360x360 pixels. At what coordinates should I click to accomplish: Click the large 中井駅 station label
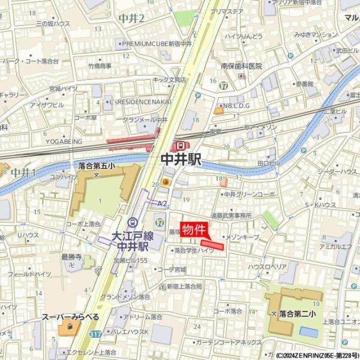pyautogui.click(x=181, y=159)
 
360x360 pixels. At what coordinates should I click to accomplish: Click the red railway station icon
pyautogui.click(x=181, y=146)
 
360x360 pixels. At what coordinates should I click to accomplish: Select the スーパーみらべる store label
pyautogui.click(x=70, y=316)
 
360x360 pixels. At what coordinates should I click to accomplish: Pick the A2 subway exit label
pyautogui.click(x=162, y=203)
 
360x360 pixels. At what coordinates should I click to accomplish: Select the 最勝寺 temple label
pyautogui.click(x=71, y=257)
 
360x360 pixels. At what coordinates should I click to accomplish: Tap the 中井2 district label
pyautogui.click(x=132, y=19)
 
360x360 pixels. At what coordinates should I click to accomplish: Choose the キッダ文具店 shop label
pyautogui.click(x=170, y=79)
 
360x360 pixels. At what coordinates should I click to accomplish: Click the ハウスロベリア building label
pyautogui.click(x=267, y=266)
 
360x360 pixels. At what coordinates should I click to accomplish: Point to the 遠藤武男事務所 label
pyautogui.click(x=230, y=215)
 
